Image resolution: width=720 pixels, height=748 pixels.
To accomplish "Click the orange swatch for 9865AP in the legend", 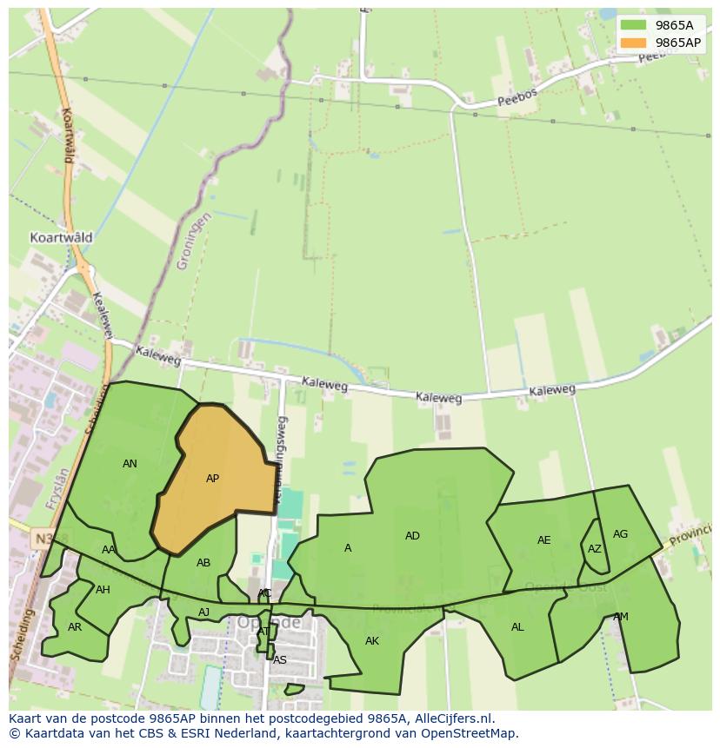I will click(x=634, y=43).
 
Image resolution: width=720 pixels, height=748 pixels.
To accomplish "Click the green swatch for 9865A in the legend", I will click(x=634, y=25).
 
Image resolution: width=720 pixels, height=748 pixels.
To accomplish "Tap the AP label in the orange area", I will click(x=212, y=479).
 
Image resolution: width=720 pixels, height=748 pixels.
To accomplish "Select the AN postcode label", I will click(x=130, y=464).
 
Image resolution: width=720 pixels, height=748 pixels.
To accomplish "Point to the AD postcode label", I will click(x=412, y=536).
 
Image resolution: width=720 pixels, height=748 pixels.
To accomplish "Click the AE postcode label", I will click(x=543, y=540).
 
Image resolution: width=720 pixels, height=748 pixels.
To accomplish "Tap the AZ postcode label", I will click(x=594, y=549).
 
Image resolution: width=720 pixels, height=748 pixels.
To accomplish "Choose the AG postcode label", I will click(x=620, y=534).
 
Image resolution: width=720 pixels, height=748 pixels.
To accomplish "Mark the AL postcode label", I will click(x=517, y=627).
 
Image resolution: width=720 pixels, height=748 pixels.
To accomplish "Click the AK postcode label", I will click(x=372, y=641).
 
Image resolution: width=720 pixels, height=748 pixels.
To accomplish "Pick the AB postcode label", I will click(x=203, y=563).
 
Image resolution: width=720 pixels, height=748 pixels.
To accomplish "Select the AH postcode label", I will click(x=103, y=590).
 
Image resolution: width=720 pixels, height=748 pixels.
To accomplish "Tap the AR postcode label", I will click(x=75, y=626).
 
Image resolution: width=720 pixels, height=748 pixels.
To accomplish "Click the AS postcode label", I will click(x=279, y=660).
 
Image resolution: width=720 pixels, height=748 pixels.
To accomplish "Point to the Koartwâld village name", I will click(x=61, y=237).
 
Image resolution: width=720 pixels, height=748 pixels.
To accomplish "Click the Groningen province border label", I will click(x=193, y=242).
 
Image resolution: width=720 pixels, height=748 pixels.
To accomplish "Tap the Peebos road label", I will click(x=518, y=96).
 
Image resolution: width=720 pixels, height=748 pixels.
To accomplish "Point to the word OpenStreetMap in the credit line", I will click(x=470, y=733).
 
